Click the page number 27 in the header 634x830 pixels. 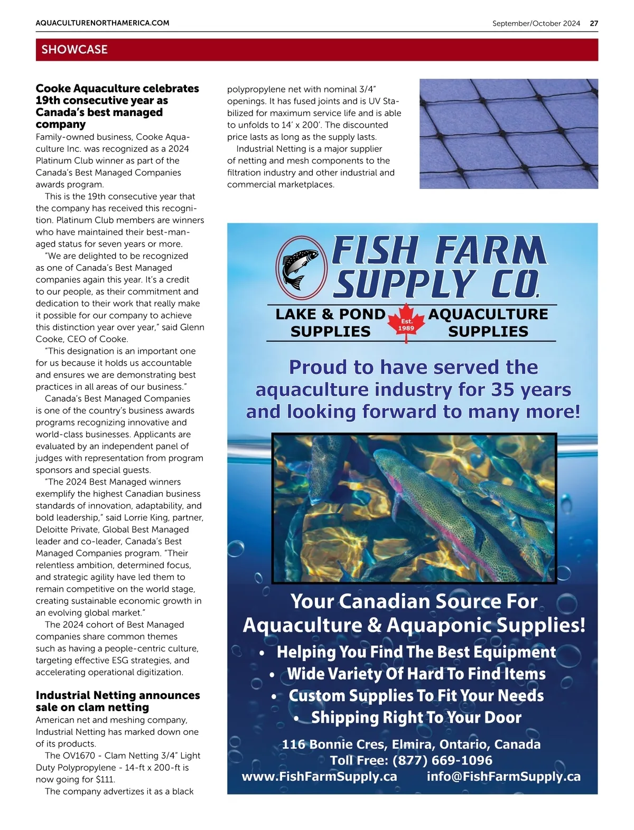pos(594,23)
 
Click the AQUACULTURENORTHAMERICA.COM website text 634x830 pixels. pos(102,23)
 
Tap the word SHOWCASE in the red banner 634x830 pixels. pos(74,50)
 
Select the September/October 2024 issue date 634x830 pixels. pos(536,23)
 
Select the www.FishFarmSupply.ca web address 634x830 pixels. pos(319,777)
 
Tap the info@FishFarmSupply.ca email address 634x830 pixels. pos(503,777)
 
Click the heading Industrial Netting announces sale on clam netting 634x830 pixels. pos(117,701)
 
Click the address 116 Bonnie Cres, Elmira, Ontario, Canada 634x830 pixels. pos(411,744)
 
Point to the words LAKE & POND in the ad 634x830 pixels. pos(330,314)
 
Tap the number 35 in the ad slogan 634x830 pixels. pos(503,390)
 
